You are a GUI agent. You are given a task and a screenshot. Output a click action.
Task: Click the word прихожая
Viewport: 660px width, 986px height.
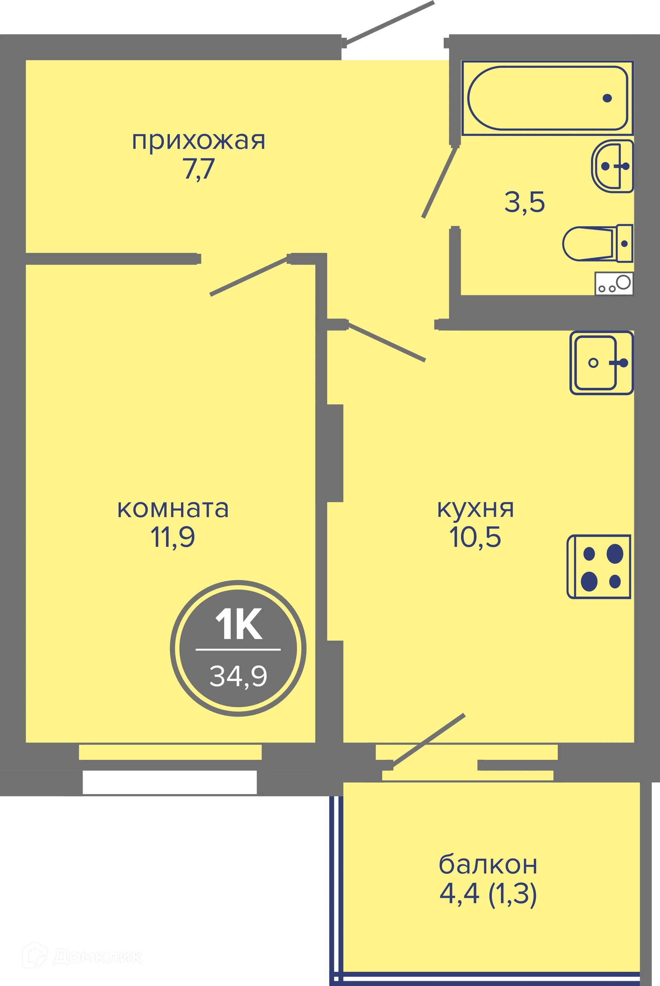pyautogui.click(x=198, y=141)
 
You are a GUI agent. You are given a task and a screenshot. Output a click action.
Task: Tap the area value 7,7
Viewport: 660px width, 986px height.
pyautogui.click(x=199, y=169)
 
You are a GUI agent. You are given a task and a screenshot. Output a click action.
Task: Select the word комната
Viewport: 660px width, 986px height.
pyautogui.click(x=173, y=509)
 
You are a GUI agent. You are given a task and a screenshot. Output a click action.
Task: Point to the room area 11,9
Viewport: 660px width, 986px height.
pyautogui.click(x=173, y=537)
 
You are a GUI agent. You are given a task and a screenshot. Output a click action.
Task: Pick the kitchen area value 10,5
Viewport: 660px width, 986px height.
pyautogui.click(x=475, y=537)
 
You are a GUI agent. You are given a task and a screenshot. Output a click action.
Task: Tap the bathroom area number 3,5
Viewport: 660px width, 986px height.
pyautogui.click(x=525, y=202)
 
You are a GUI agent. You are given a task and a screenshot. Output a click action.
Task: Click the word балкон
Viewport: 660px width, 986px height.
pyautogui.click(x=488, y=865)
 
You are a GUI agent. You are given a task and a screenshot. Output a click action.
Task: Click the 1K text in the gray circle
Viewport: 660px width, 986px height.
pyautogui.click(x=239, y=624)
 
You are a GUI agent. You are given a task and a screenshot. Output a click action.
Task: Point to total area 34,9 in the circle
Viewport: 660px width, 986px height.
pyautogui.click(x=238, y=676)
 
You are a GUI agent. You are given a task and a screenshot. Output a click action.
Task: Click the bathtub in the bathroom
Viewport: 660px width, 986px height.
pyautogui.click(x=547, y=98)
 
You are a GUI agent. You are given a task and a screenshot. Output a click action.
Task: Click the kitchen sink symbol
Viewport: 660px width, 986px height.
pyautogui.click(x=601, y=363)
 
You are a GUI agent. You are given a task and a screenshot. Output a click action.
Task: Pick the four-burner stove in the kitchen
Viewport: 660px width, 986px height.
pyautogui.click(x=599, y=567)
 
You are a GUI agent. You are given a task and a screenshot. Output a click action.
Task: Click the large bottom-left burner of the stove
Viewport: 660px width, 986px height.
pyautogui.click(x=589, y=582)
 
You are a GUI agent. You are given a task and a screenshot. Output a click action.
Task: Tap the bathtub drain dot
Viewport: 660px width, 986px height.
pyautogui.click(x=607, y=98)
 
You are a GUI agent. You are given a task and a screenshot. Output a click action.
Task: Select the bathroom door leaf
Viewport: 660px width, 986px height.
pyautogui.click(x=440, y=182)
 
